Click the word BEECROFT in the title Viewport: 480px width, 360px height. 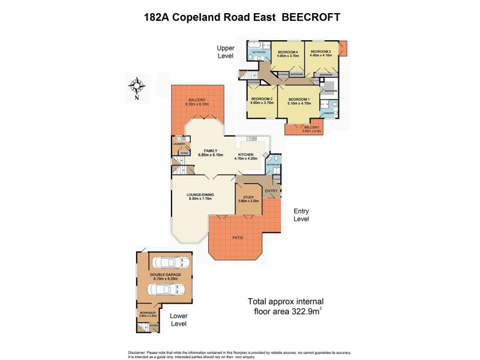click(307, 17)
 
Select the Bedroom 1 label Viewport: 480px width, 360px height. click(299, 99)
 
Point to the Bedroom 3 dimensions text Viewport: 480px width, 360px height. click(320, 56)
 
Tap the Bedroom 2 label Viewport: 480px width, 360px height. click(262, 99)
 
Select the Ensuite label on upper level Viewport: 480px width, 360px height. click(329, 113)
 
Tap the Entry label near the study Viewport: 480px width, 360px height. click(271, 191)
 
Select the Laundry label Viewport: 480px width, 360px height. click(179, 144)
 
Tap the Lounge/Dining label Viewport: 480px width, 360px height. click(201, 194)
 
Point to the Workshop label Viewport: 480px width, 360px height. click(148, 313)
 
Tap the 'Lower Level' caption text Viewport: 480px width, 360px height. click(179, 320)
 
